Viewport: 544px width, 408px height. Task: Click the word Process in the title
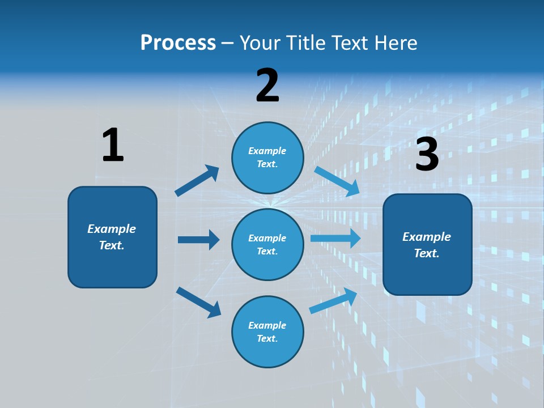click(x=178, y=43)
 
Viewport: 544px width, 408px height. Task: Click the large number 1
click(x=113, y=145)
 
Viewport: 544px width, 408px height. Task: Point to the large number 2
click(x=267, y=86)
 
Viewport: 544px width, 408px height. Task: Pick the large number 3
click(x=427, y=155)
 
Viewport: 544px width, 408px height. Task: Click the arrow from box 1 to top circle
click(x=197, y=181)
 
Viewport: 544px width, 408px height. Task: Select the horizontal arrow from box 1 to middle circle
click(x=198, y=240)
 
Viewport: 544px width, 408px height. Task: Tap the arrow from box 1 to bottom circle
click(x=198, y=302)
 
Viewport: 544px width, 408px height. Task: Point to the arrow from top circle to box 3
click(x=337, y=181)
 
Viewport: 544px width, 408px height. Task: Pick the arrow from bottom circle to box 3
click(x=333, y=301)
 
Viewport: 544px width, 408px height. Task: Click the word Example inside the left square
click(x=112, y=229)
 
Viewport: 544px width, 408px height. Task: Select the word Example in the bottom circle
click(x=267, y=325)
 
